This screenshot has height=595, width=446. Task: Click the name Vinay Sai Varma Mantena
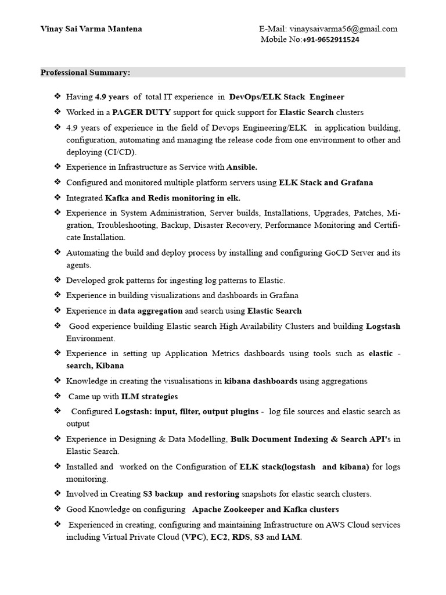(x=91, y=29)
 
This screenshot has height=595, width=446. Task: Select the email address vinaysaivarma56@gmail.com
(x=346, y=29)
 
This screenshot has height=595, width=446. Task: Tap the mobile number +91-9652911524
(x=330, y=40)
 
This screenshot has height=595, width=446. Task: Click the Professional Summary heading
(x=85, y=73)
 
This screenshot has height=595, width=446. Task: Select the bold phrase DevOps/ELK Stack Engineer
(x=286, y=97)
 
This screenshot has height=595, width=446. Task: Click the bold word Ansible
(x=242, y=167)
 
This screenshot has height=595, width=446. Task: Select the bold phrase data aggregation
(x=150, y=311)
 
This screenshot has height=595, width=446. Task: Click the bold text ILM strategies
(x=149, y=396)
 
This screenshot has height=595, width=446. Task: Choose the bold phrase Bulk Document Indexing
(x=279, y=439)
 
